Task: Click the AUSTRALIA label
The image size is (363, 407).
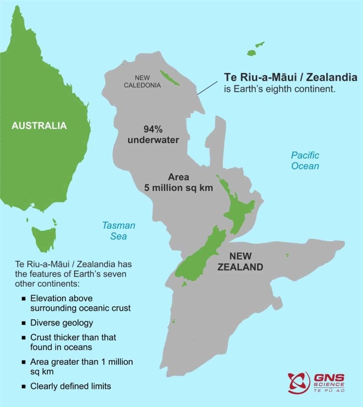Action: click(39, 126)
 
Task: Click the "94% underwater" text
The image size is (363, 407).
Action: click(153, 134)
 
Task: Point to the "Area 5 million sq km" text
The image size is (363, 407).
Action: click(178, 183)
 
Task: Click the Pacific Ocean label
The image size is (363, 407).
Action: click(305, 160)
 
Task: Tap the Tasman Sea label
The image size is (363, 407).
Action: click(118, 231)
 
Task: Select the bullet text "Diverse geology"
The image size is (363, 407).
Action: click(62, 323)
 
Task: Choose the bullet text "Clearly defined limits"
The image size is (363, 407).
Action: click(70, 387)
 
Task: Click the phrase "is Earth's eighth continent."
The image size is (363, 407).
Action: click(280, 89)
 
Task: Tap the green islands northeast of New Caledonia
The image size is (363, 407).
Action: click(255, 49)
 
